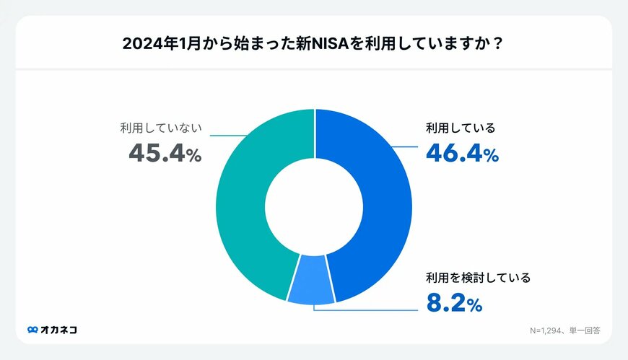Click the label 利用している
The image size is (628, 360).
[x=460, y=129]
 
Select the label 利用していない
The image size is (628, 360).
[x=160, y=129]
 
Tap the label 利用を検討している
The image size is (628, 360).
[x=478, y=278]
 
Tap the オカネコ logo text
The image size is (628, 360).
[x=59, y=330]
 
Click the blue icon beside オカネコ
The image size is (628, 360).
[x=32, y=330]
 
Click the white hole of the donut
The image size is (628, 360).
[x=314, y=206]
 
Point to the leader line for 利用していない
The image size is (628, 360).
[x=227, y=134]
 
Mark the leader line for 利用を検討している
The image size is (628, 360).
[x=368, y=309]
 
